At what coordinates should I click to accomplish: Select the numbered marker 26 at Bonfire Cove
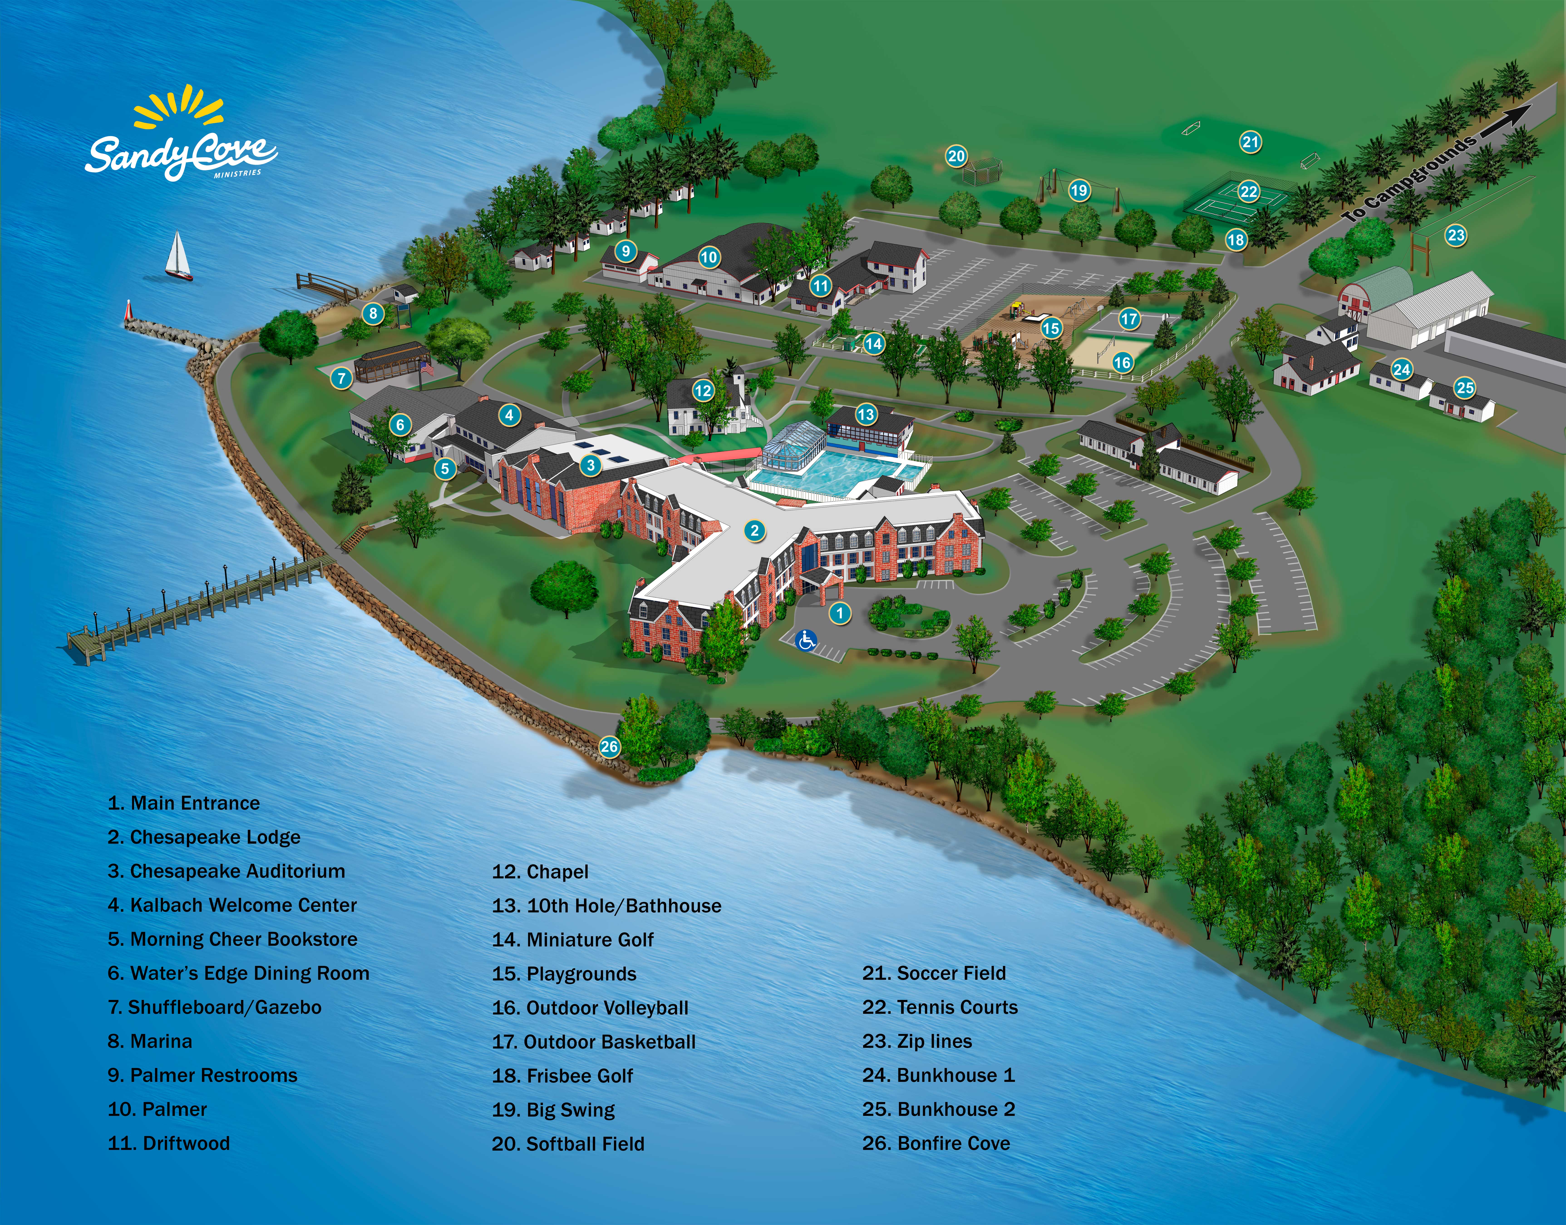[x=609, y=747]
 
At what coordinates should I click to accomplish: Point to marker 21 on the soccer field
[x=1250, y=142]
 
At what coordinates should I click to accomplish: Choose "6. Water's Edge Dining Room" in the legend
[x=238, y=973]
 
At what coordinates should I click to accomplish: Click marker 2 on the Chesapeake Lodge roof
[x=754, y=531]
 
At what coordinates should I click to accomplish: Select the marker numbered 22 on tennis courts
[x=1249, y=191]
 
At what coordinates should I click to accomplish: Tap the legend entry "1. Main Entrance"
[x=184, y=803]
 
